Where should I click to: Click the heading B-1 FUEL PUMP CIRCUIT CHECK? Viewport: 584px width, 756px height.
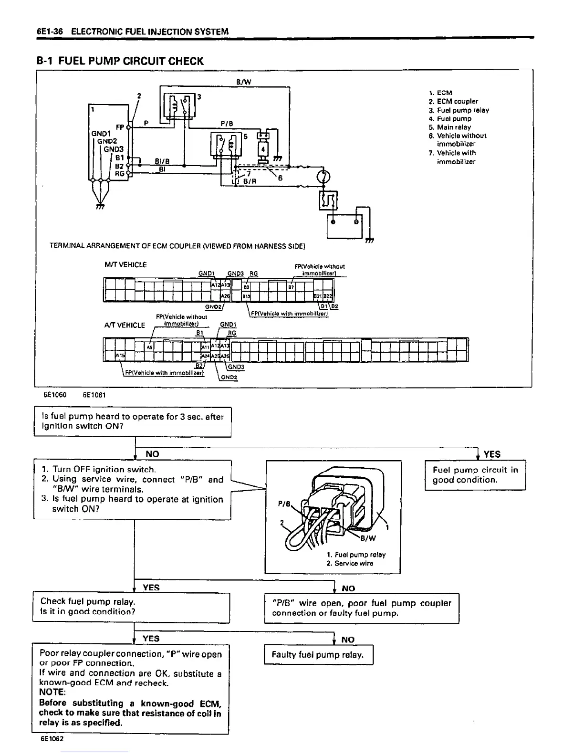coord(120,61)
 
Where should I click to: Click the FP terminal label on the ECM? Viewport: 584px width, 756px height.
coord(120,127)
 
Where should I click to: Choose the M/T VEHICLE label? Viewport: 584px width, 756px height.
coord(125,264)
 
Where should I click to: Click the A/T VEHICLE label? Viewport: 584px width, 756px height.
coord(125,325)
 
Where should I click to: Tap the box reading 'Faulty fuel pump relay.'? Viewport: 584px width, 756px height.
coord(318,654)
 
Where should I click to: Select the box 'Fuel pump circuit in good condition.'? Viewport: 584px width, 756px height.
coord(475,475)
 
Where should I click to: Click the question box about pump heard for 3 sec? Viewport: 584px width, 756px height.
coord(133,421)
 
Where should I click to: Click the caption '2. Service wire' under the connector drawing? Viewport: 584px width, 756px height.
coord(350,563)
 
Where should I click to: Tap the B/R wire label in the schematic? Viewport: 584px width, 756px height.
coord(250,181)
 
